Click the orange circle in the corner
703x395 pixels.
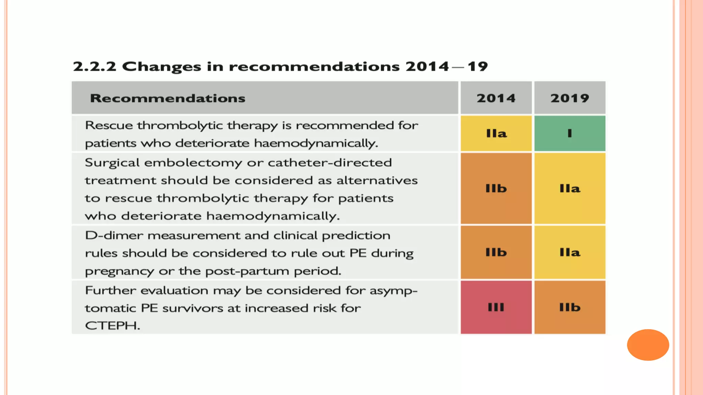(x=648, y=345)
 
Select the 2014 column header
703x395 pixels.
(x=496, y=98)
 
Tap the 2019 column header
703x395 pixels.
(x=570, y=98)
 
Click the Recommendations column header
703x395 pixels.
(x=168, y=98)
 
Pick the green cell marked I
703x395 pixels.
(x=570, y=133)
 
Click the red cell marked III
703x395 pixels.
(x=496, y=307)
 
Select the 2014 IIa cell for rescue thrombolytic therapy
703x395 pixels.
(x=496, y=133)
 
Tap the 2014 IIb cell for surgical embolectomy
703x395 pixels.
(x=496, y=189)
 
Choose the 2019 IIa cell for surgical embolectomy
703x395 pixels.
(x=570, y=189)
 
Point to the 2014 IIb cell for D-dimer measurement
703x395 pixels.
(x=496, y=252)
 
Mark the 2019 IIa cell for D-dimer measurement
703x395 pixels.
(x=570, y=252)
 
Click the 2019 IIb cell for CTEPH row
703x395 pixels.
(x=570, y=307)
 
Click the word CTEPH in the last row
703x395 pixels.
(x=112, y=326)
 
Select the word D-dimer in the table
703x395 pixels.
(x=114, y=236)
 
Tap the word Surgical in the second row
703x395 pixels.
(x=112, y=163)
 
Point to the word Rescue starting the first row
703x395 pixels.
(x=108, y=125)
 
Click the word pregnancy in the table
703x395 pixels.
(x=119, y=272)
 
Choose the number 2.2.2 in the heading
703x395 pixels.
(x=94, y=67)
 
